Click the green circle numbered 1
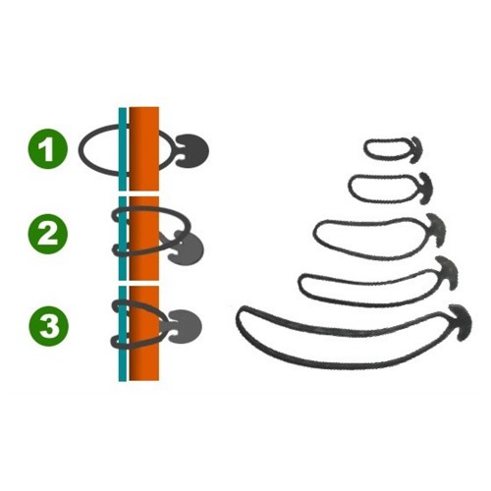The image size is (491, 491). click(48, 148)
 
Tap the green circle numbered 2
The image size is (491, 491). click(48, 235)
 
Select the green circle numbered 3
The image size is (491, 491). click(49, 326)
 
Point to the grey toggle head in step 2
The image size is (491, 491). click(187, 248)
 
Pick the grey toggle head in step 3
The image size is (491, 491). click(186, 326)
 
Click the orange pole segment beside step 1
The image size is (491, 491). click(144, 149)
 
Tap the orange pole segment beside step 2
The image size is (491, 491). click(144, 239)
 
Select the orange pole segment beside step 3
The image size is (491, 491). click(144, 333)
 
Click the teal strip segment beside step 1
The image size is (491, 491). click(123, 149)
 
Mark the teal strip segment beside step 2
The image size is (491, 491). click(123, 239)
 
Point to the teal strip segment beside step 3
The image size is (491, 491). click(123, 334)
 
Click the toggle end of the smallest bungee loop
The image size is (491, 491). click(416, 149)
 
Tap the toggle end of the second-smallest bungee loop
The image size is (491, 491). click(426, 189)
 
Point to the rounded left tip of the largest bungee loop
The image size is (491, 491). click(238, 318)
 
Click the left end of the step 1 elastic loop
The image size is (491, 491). click(80, 149)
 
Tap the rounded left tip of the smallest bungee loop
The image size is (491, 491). click(365, 148)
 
